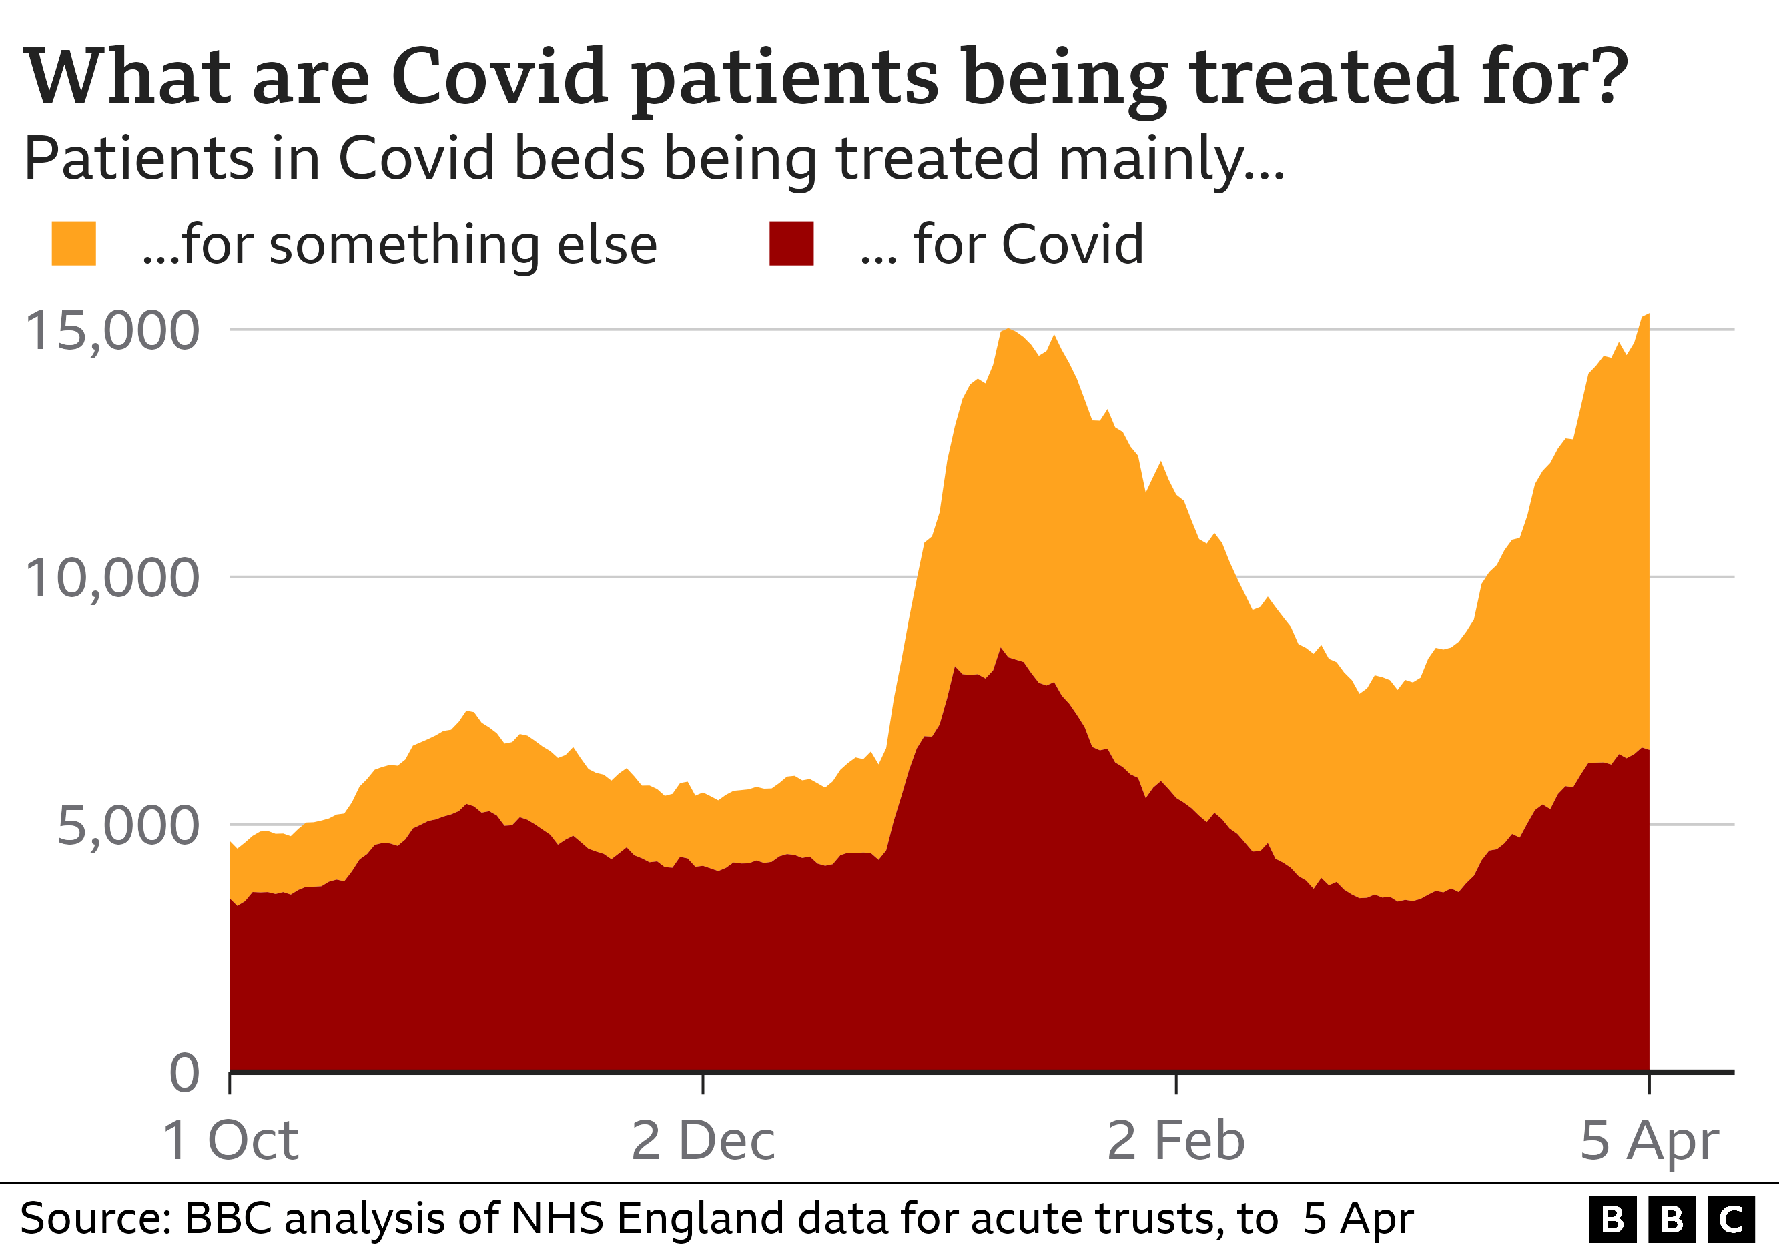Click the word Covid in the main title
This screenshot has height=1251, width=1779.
(499, 77)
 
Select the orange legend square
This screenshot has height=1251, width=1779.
(73, 244)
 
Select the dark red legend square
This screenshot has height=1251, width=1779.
(791, 244)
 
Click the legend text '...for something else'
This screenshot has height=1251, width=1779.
(399, 245)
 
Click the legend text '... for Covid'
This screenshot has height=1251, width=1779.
(1001, 245)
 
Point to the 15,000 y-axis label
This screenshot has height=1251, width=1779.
(112, 331)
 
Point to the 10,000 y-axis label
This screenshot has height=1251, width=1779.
(112, 578)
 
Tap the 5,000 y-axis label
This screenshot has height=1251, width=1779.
(128, 826)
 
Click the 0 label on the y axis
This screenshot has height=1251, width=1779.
(184, 1073)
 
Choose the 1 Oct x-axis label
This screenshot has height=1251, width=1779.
(230, 1140)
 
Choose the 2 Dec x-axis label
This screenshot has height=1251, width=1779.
(703, 1140)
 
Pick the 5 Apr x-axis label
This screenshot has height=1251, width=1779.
(1649, 1140)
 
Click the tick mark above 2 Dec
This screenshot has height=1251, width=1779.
(703, 1083)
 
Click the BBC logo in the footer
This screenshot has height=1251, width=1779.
(1672, 1219)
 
